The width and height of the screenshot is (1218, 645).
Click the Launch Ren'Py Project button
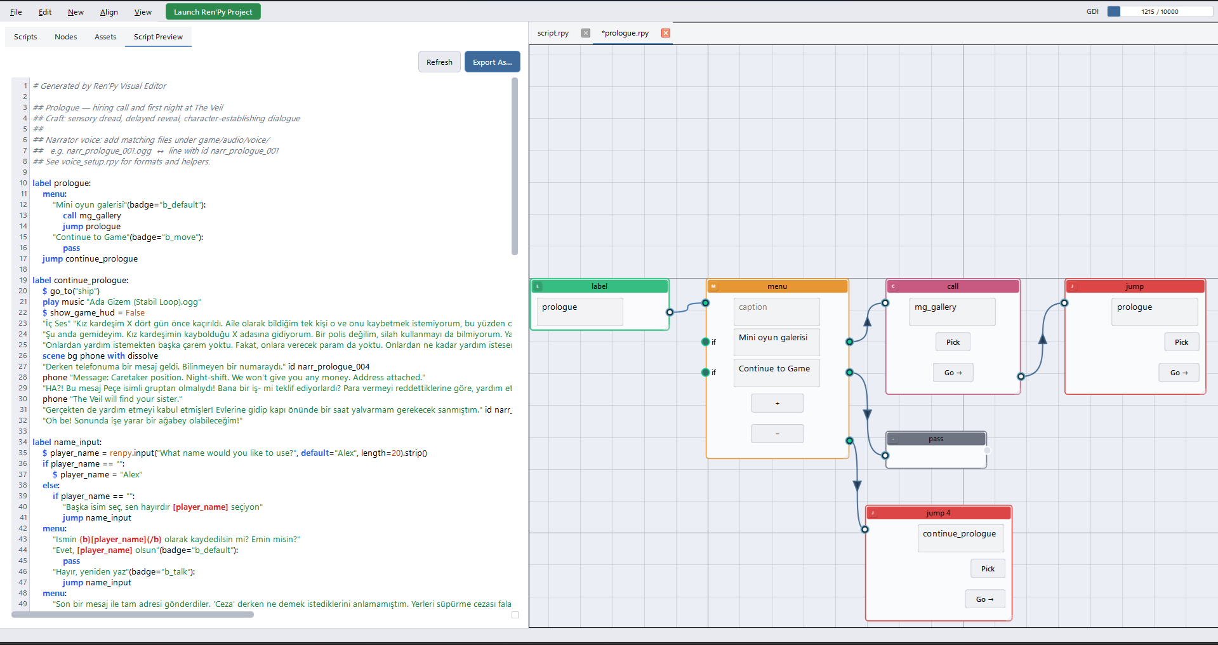[213, 12]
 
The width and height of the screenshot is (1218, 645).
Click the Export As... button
[492, 62]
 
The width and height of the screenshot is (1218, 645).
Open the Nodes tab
[65, 37]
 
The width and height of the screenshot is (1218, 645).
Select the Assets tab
[105, 37]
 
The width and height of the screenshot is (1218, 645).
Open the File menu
[16, 12]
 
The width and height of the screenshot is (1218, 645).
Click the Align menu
[109, 12]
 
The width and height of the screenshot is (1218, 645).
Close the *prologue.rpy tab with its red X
[665, 33]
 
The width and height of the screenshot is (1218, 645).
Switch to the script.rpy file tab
[553, 33]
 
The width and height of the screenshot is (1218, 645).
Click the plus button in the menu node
[777, 403]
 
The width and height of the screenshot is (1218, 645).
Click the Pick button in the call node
[953, 342]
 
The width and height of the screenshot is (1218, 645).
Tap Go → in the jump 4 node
[985, 599]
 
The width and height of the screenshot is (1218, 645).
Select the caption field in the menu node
[777, 312]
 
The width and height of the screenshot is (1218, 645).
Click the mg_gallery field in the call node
[952, 312]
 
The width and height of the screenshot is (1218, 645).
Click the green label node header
[600, 286]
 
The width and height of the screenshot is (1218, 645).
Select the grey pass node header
[936, 439]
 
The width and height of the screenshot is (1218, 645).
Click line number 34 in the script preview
[23, 442]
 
